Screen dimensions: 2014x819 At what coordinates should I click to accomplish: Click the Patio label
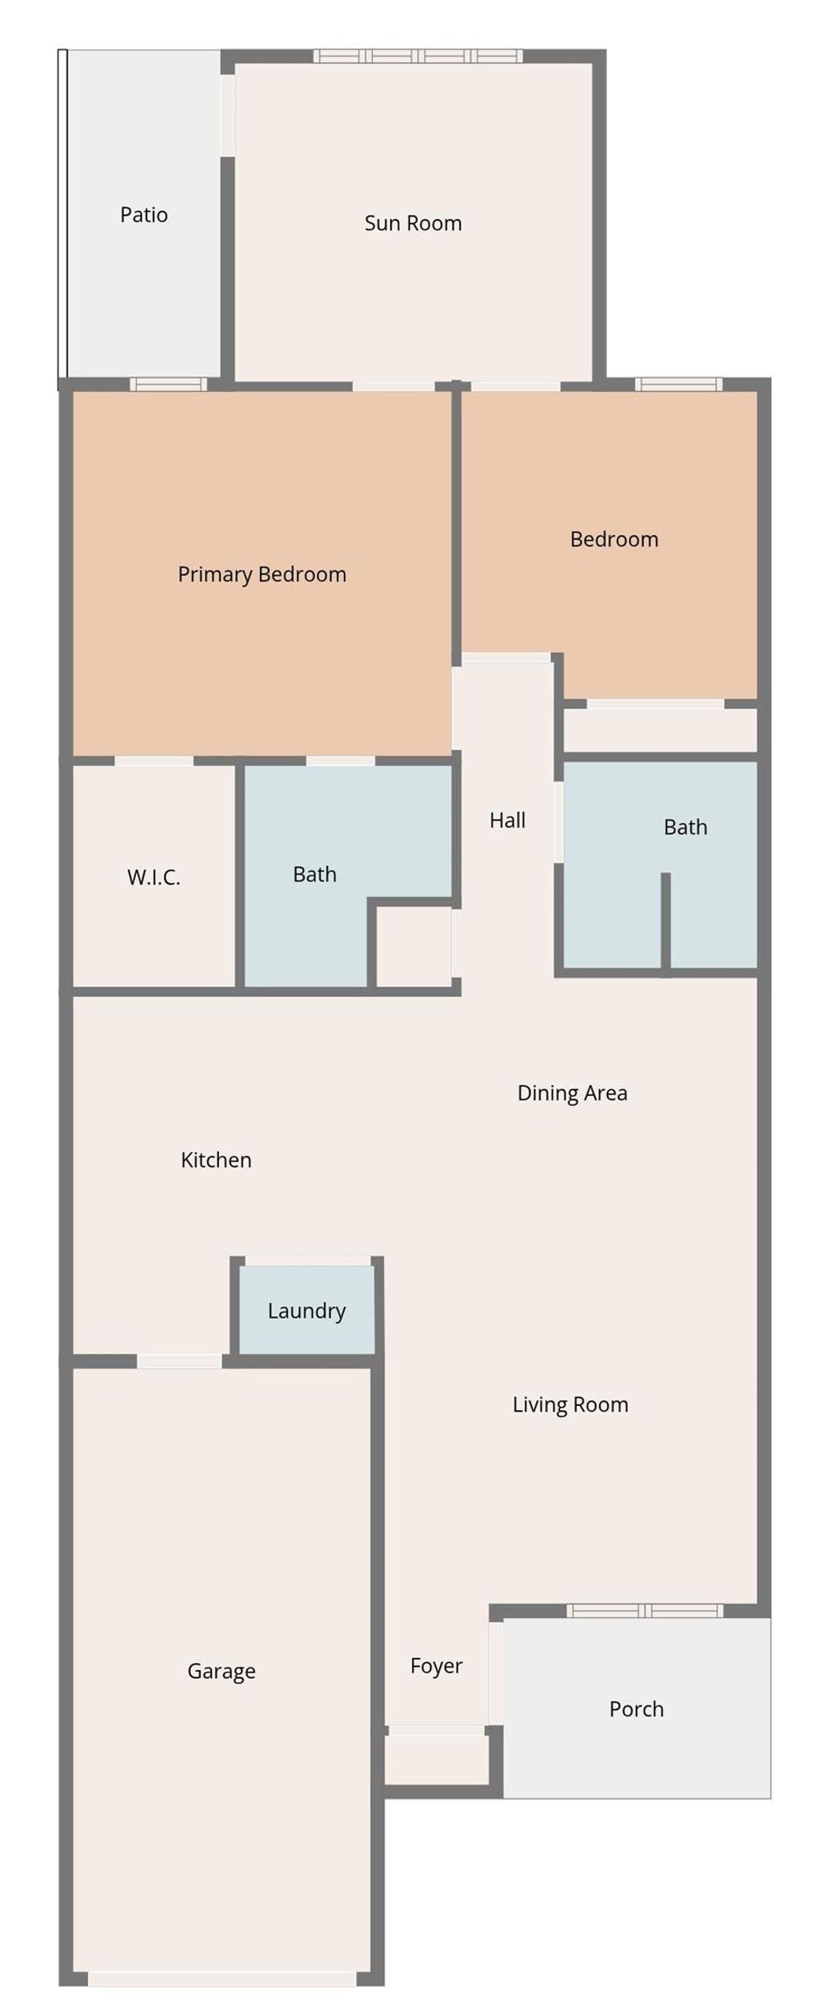pos(144,214)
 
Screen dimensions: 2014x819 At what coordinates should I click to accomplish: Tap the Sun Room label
pos(413,223)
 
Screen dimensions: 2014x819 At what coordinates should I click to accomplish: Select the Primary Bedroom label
pos(262,574)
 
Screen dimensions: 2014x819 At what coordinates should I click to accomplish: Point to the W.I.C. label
pos(154,877)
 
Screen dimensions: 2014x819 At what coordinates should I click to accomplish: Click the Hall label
pos(507,820)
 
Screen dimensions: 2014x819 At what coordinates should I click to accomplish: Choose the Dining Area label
pos(572,1093)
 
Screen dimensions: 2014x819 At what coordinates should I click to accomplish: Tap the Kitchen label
pos(216,1160)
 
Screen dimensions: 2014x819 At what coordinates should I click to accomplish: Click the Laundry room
pos(306,1311)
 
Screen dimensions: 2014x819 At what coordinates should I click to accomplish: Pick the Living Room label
pos(570,1405)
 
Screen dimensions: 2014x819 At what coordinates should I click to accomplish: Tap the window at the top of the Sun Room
pos(417,56)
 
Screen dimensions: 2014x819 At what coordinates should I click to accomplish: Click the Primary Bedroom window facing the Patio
pos(168,385)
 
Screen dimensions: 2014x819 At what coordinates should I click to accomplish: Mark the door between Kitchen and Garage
pos(179,1361)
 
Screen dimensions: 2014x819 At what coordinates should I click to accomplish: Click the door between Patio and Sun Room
pos(227,115)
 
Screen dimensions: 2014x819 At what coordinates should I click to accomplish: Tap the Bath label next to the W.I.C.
pos(314,874)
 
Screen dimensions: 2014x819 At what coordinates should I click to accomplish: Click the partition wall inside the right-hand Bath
pos(665,920)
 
